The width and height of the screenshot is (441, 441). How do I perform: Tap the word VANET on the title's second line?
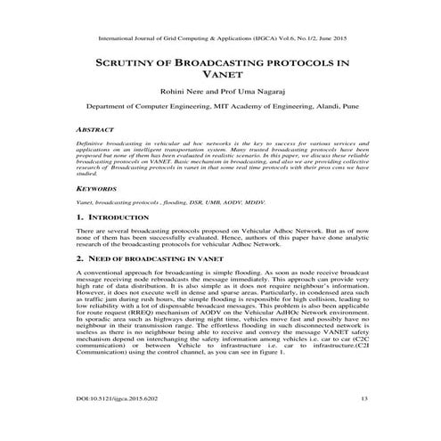(220, 78)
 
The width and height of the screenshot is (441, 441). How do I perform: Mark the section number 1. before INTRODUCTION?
(80, 218)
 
